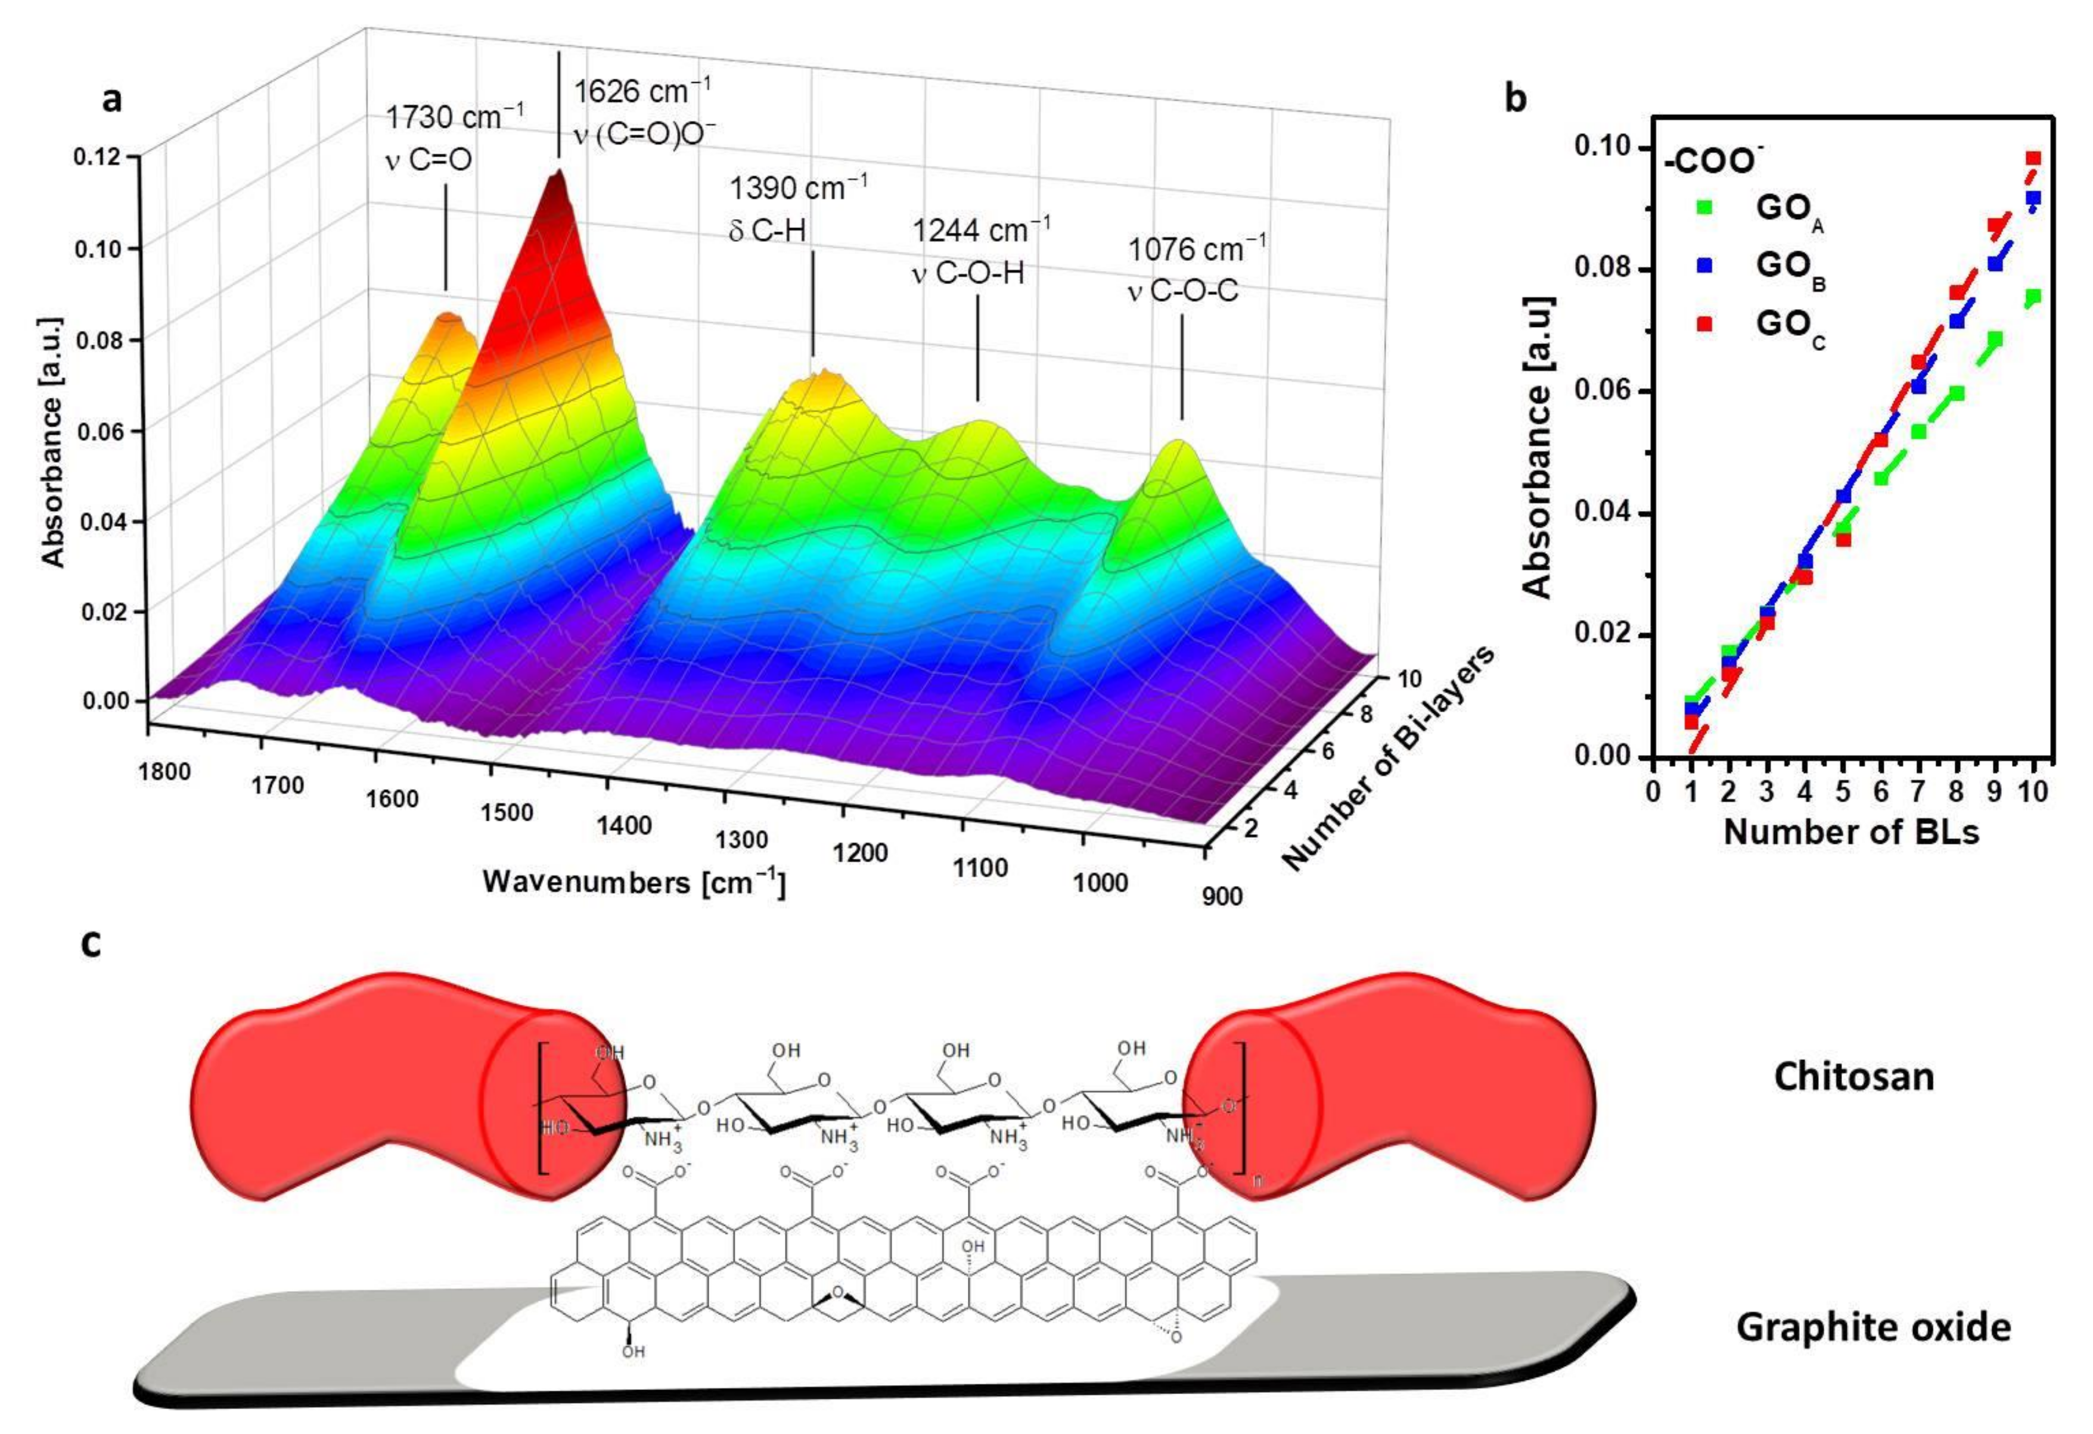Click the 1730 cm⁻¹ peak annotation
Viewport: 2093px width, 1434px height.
(455, 117)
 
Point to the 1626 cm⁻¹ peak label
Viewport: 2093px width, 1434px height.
(642, 91)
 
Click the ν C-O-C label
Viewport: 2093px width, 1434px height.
(1182, 290)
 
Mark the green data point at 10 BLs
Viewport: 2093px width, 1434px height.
(2033, 297)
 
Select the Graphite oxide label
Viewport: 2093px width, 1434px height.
(1873, 1327)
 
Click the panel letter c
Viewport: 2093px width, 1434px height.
(91, 943)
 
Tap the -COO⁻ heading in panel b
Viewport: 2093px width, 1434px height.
(1710, 161)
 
